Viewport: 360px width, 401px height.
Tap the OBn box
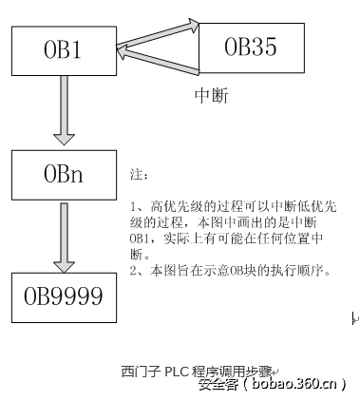pos(64,173)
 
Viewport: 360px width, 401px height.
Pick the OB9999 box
pos(64,297)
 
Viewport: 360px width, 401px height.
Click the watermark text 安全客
pos(216,384)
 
